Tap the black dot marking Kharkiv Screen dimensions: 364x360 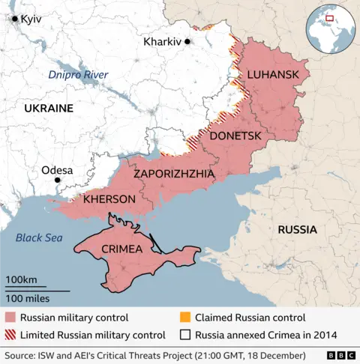[188, 42]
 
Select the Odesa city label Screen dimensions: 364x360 [57, 170]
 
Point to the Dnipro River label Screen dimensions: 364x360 [78, 75]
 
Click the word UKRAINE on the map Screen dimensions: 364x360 [49, 109]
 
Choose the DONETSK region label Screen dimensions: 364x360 [235, 136]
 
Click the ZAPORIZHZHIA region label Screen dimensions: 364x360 [174, 174]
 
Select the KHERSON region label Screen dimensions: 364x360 [109, 199]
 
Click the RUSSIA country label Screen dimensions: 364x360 [297, 229]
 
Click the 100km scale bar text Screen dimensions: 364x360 [21, 280]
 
